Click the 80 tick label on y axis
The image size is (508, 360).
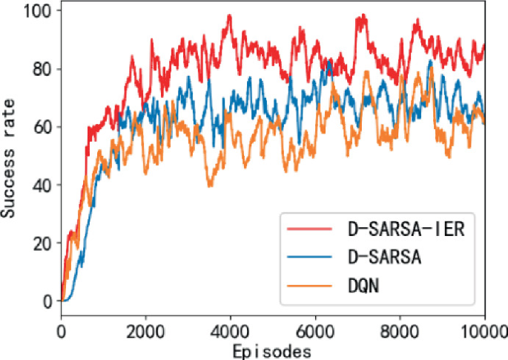(42, 69)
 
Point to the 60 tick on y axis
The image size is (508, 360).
(42, 127)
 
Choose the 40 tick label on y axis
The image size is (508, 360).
(42, 185)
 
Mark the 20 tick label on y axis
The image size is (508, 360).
(42, 243)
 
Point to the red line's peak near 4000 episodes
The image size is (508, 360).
(230, 16)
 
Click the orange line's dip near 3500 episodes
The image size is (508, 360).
(210, 186)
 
